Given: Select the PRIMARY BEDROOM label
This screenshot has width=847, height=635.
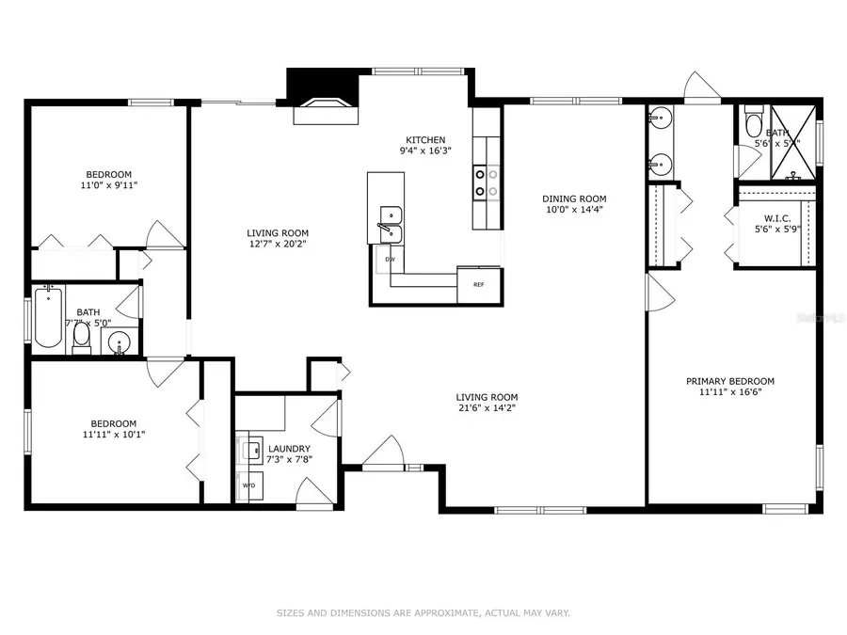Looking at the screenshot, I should pyautogui.click(x=729, y=381).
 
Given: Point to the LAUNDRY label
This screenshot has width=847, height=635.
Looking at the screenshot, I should pyautogui.click(x=289, y=449).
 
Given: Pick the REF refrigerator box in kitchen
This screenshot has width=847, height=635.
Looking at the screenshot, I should pyautogui.click(x=478, y=284).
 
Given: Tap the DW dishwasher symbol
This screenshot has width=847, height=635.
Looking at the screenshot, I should pyautogui.click(x=390, y=259).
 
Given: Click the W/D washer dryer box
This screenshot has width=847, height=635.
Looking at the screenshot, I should pyautogui.click(x=249, y=485).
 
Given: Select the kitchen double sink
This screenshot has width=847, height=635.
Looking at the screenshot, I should pyautogui.click(x=391, y=224).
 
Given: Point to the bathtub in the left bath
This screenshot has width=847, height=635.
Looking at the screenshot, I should pyautogui.click(x=47, y=319).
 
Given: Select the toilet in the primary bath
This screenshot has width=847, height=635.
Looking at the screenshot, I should pyautogui.click(x=753, y=124).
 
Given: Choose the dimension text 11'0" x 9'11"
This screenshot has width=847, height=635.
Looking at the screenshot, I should pyautogui.click(x=109, y=186).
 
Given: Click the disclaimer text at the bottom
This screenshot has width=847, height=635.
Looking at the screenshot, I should pyautogui.click(x=423, y=613).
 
